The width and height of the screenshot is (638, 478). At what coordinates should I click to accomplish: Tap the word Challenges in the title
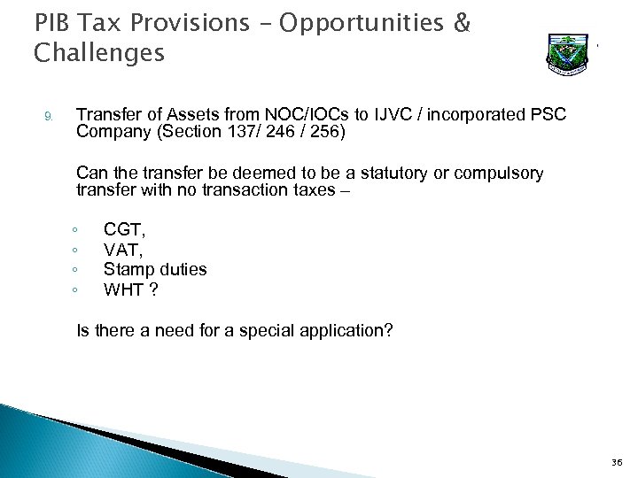(x=99, y=54)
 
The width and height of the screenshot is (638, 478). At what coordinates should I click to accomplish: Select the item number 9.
(x=50, y=116)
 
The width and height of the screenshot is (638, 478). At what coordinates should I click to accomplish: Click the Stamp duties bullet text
(x=155, y=268)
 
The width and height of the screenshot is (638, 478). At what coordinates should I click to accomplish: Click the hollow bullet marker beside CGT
(x=78, y=228)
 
